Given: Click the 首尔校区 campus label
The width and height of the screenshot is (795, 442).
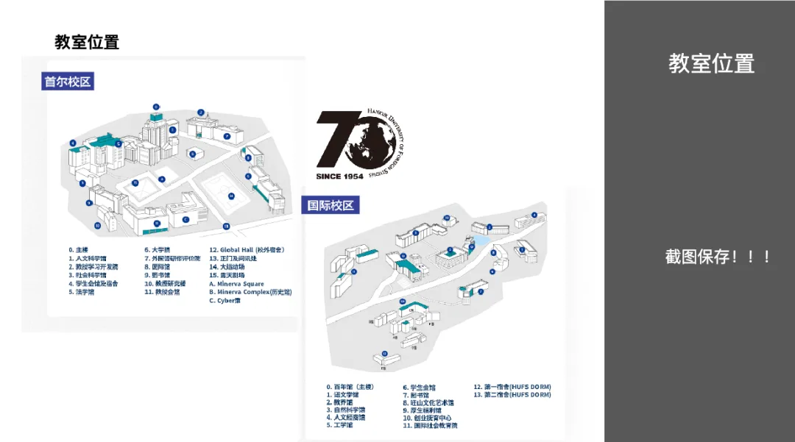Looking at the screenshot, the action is [68, 82].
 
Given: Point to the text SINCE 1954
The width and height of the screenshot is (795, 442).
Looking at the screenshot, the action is [340, 177].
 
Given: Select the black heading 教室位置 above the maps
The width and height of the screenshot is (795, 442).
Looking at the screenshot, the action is [87, 42].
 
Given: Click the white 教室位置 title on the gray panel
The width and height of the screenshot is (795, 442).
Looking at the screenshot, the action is [711, 64].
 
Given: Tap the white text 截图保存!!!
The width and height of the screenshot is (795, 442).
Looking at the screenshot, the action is [718, 257].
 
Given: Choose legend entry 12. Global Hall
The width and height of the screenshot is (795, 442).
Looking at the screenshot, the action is [247, 249].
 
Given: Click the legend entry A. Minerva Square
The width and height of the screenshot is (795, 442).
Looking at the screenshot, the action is [236, 283].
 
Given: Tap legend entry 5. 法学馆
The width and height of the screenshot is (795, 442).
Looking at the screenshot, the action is [82, 292].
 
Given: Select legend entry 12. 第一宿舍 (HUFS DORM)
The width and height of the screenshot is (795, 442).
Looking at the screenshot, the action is [512, 387].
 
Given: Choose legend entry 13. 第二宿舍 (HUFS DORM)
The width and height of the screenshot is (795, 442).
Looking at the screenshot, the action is [512, 395].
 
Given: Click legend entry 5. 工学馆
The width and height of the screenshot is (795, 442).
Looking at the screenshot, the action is [339, 425].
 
